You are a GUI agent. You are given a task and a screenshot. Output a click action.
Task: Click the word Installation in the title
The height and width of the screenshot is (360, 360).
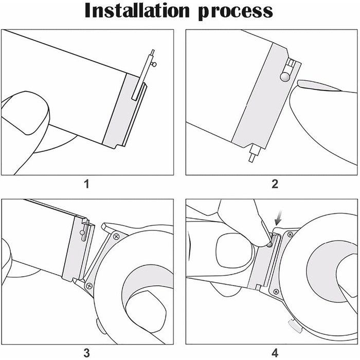137,11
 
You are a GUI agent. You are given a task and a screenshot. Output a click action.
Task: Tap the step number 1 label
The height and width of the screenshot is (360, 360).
86,184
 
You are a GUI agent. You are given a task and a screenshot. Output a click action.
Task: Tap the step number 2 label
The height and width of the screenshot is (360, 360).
275,184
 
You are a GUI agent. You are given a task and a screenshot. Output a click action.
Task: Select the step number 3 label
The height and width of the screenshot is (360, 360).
86,353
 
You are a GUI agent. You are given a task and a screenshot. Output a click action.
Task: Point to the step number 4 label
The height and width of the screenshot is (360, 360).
275,353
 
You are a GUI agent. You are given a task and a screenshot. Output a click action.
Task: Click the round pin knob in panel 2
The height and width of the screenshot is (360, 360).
284,77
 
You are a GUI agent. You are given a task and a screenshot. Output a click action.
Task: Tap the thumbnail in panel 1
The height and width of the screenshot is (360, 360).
25,113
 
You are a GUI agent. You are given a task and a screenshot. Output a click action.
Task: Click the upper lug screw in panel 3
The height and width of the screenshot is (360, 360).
116,236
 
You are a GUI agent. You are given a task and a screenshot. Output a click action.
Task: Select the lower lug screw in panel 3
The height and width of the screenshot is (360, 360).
89,286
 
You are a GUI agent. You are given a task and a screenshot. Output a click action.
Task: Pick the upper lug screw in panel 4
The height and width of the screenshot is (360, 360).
290,235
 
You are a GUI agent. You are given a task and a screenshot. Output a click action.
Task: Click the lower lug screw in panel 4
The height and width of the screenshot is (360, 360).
276,292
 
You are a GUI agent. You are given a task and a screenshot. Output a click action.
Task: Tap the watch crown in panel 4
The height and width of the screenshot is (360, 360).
295,326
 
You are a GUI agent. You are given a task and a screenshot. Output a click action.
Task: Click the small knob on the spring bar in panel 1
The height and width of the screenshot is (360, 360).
154,64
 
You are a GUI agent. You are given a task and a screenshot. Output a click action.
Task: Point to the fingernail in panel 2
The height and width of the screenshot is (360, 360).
319,85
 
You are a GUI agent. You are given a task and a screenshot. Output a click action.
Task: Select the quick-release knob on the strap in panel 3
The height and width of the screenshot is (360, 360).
82,233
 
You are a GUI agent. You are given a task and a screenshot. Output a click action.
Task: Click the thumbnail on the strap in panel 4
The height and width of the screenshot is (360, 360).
234,250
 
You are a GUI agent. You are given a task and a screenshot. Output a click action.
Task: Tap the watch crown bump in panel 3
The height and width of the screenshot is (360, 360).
98,326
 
